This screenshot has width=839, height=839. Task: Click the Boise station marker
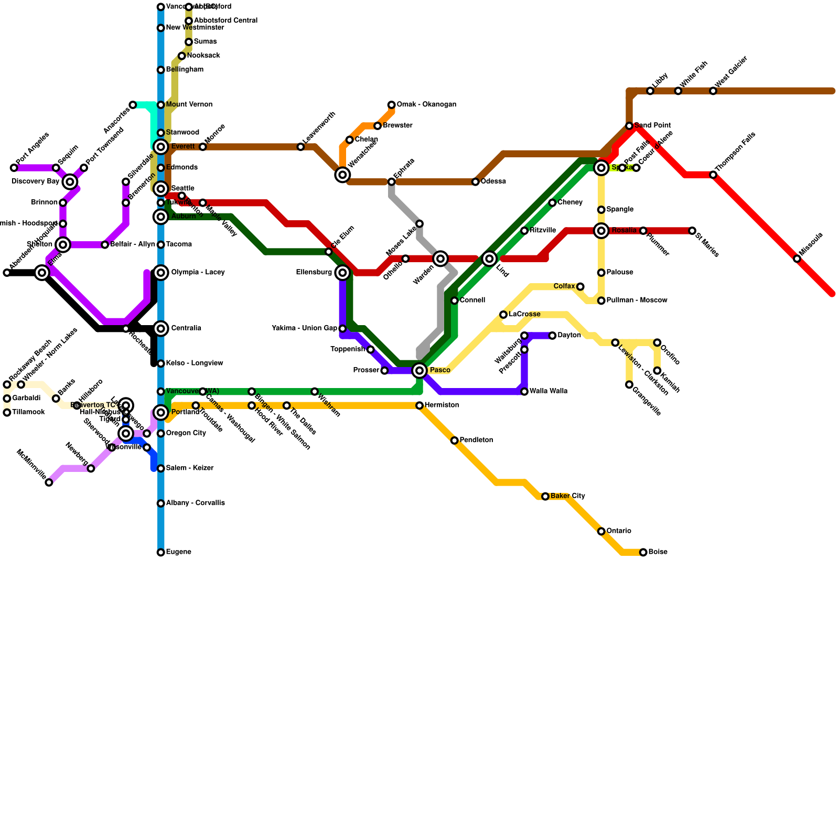(x=643, y=552)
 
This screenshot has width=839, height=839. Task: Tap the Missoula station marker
(x=797, y=259)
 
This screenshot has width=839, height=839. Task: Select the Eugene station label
(x=178, y=552)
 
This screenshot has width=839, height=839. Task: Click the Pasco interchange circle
(x=419, y=371)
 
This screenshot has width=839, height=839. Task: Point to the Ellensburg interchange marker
(x=342, y=273)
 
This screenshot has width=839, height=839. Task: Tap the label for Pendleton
(x=476, y=440)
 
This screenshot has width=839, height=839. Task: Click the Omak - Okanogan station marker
(x=391, y=105)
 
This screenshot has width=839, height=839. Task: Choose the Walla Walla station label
(x=548, y=391)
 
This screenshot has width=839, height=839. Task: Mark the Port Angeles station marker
(x=14, y=168)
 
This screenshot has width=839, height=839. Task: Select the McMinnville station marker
(x=49, y=482)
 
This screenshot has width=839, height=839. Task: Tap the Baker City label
(x=568, y=496)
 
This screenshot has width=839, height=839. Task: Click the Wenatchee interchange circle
(x=342, y=175)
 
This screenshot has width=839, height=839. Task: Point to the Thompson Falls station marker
(x=713, y=175)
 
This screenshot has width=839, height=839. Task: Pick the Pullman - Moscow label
(x=637, y=300)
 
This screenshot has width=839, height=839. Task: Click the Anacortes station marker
(x=133, y=105)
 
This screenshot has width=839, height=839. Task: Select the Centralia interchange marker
(x=161, y=329)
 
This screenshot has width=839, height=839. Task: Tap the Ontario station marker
(x=601, y=531)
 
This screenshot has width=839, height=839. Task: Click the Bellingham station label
(x=185, y=70)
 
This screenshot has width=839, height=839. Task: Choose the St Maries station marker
(x=692, y=231)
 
